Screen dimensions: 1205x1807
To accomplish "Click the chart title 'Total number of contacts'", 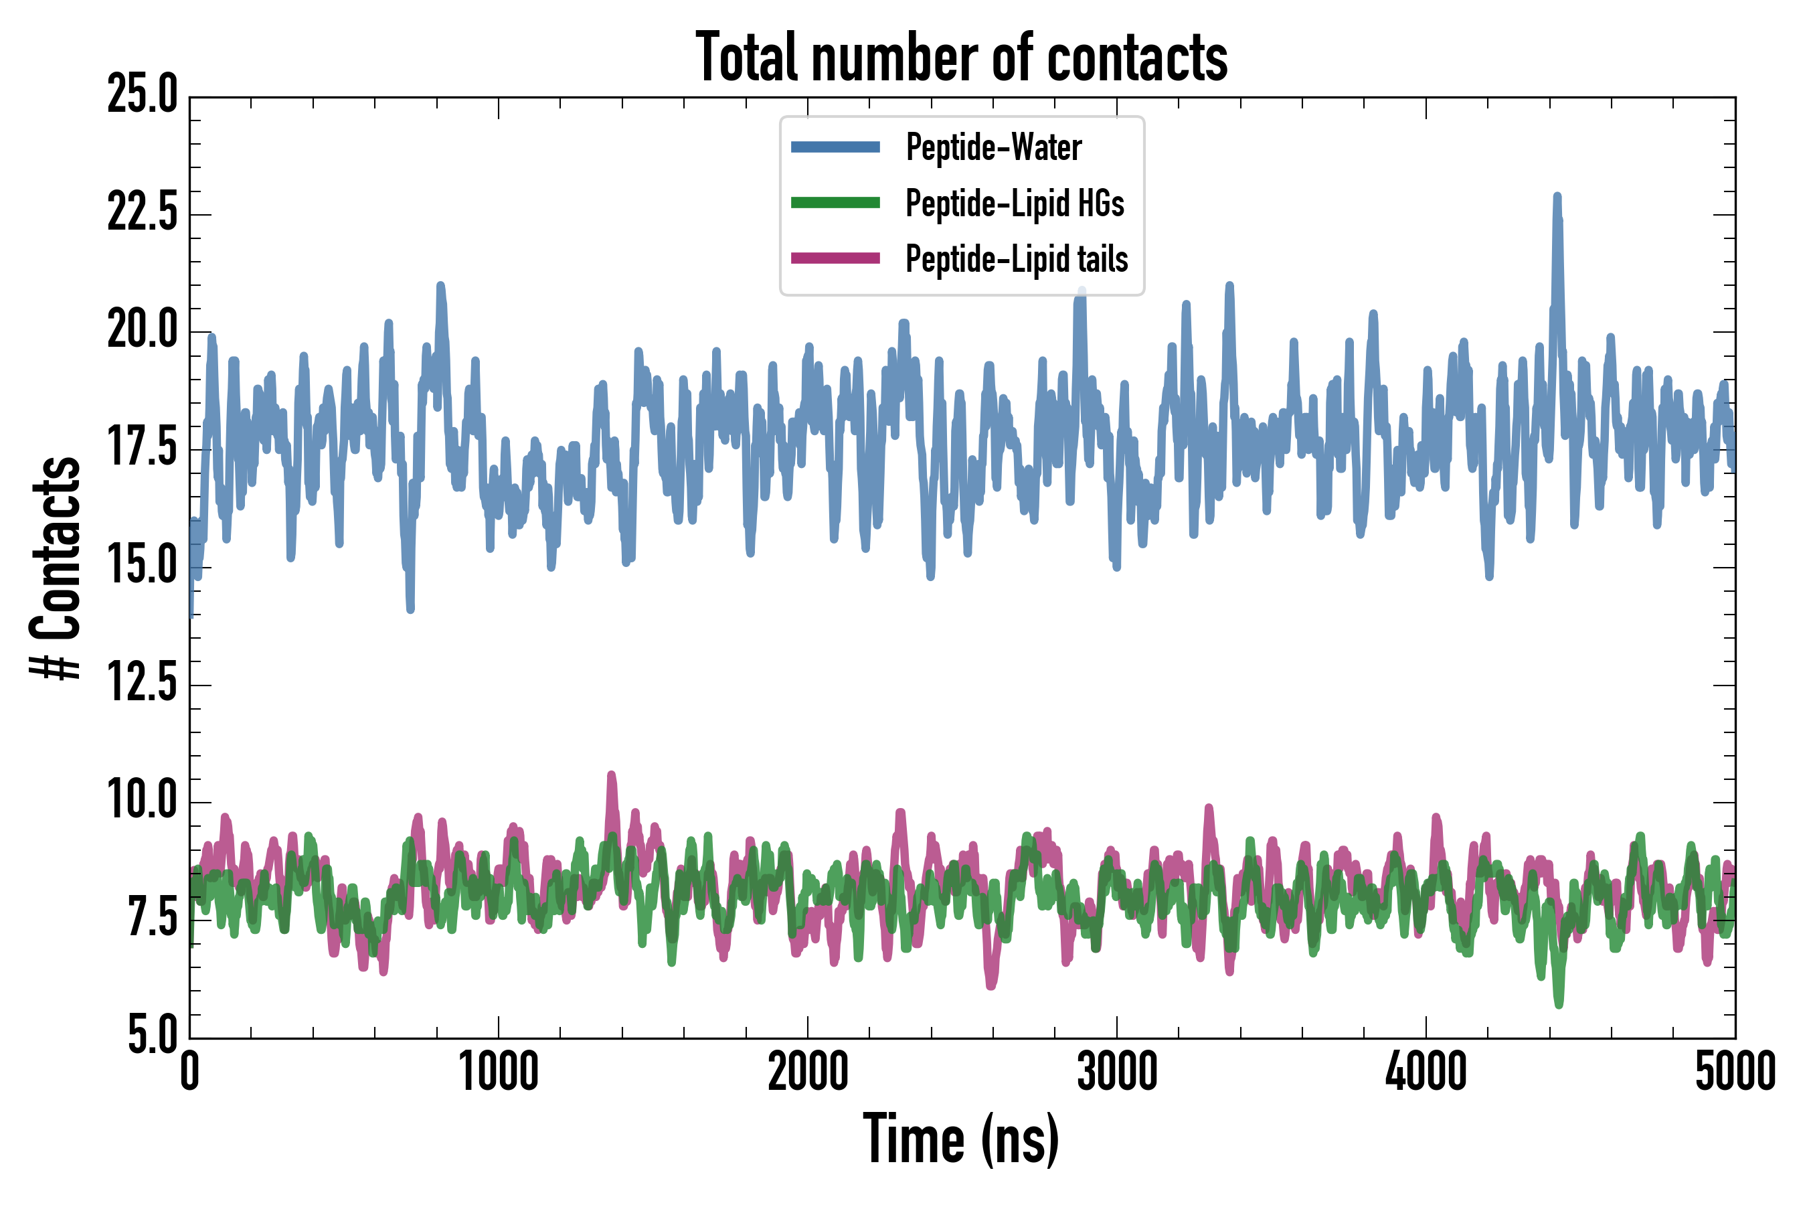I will pyautogui.click(x=961, y=57).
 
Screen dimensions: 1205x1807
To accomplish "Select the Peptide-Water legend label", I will pyautogui.click(x=993, y=147).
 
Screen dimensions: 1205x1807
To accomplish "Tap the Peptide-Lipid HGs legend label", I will pyautogui.click(x=1014, y=203).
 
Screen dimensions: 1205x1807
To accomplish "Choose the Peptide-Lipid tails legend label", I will pyautogui.click(x=1017, y=259).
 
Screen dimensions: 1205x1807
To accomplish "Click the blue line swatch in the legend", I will pyautogui.click(x=835, y=147).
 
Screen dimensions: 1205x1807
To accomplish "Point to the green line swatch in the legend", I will pyautogui.click(x=835, y=203).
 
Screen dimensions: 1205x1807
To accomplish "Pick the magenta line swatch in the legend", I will pyautogui.click(x=835, y=258).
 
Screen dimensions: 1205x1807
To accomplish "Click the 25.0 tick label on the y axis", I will pyautogui.click(x=142, y=95).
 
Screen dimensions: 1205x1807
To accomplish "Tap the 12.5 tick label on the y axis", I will pyautogui.click(x=142, y=684).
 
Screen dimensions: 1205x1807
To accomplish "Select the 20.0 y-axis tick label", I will pyautogui.click(x=142, y=331).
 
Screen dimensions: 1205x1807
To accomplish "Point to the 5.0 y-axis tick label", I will pyautogui.click(x=151, y=1034).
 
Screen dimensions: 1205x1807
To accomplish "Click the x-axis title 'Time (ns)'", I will pyautogui.click(x=961, y=1139).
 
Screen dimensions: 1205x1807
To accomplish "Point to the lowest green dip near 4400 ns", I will pyautogui.click(x=1559, y=1003).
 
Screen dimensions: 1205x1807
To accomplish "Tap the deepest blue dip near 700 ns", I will pyautogui.click(x=410, y=609).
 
